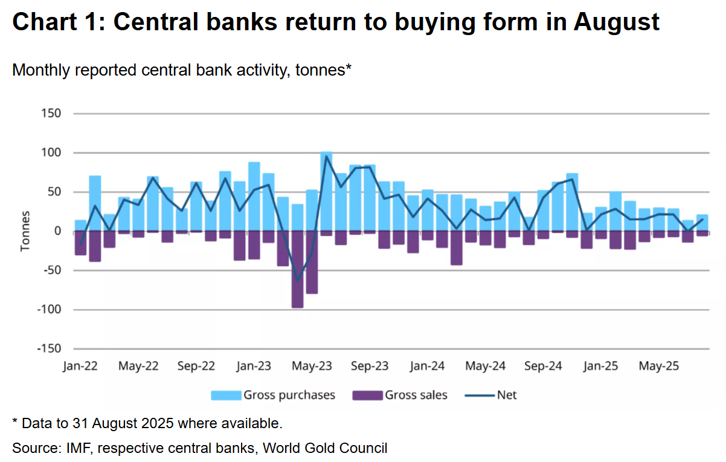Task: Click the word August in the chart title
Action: [616, 22]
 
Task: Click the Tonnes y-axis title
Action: [25, 232]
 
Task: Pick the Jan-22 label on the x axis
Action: [80, 366]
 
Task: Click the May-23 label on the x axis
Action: [312, 366]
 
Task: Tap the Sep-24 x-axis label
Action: [543, 366]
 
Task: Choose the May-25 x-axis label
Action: [659, 366]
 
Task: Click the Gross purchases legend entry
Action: [274, 395]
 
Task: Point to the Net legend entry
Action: [490, 395]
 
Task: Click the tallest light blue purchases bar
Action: [326, 192]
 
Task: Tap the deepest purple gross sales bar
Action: [297, 269]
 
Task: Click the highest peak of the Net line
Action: [326, 157]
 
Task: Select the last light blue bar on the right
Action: [702, 223]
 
